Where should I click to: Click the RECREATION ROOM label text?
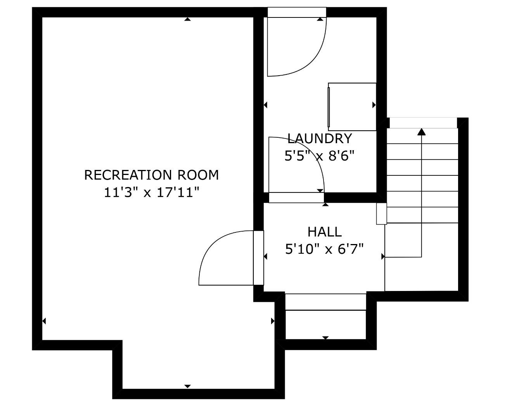click(151, 175)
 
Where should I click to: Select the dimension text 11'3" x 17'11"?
click(151, 192)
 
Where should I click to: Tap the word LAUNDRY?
click(319, 139)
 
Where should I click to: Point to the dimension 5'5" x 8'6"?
click(319, 156)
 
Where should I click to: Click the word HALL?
click(324, 232)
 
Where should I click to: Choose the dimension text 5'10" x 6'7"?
click(324, 249)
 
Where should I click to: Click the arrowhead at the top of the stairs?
click(421, 132)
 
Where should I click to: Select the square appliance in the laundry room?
click(352, 107)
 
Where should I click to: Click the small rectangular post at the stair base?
click(381, 213)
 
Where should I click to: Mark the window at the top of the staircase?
click(423, 122)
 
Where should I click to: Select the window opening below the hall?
click(325, 302)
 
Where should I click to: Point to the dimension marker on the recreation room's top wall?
click(187, 19)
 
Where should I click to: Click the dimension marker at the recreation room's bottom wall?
click(187, 386)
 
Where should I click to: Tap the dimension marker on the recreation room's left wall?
click(44, 321)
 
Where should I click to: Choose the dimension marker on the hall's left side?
click(265, 256)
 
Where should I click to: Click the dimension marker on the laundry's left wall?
click(265, 105)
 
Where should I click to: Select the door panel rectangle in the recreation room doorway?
click(258, 258)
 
